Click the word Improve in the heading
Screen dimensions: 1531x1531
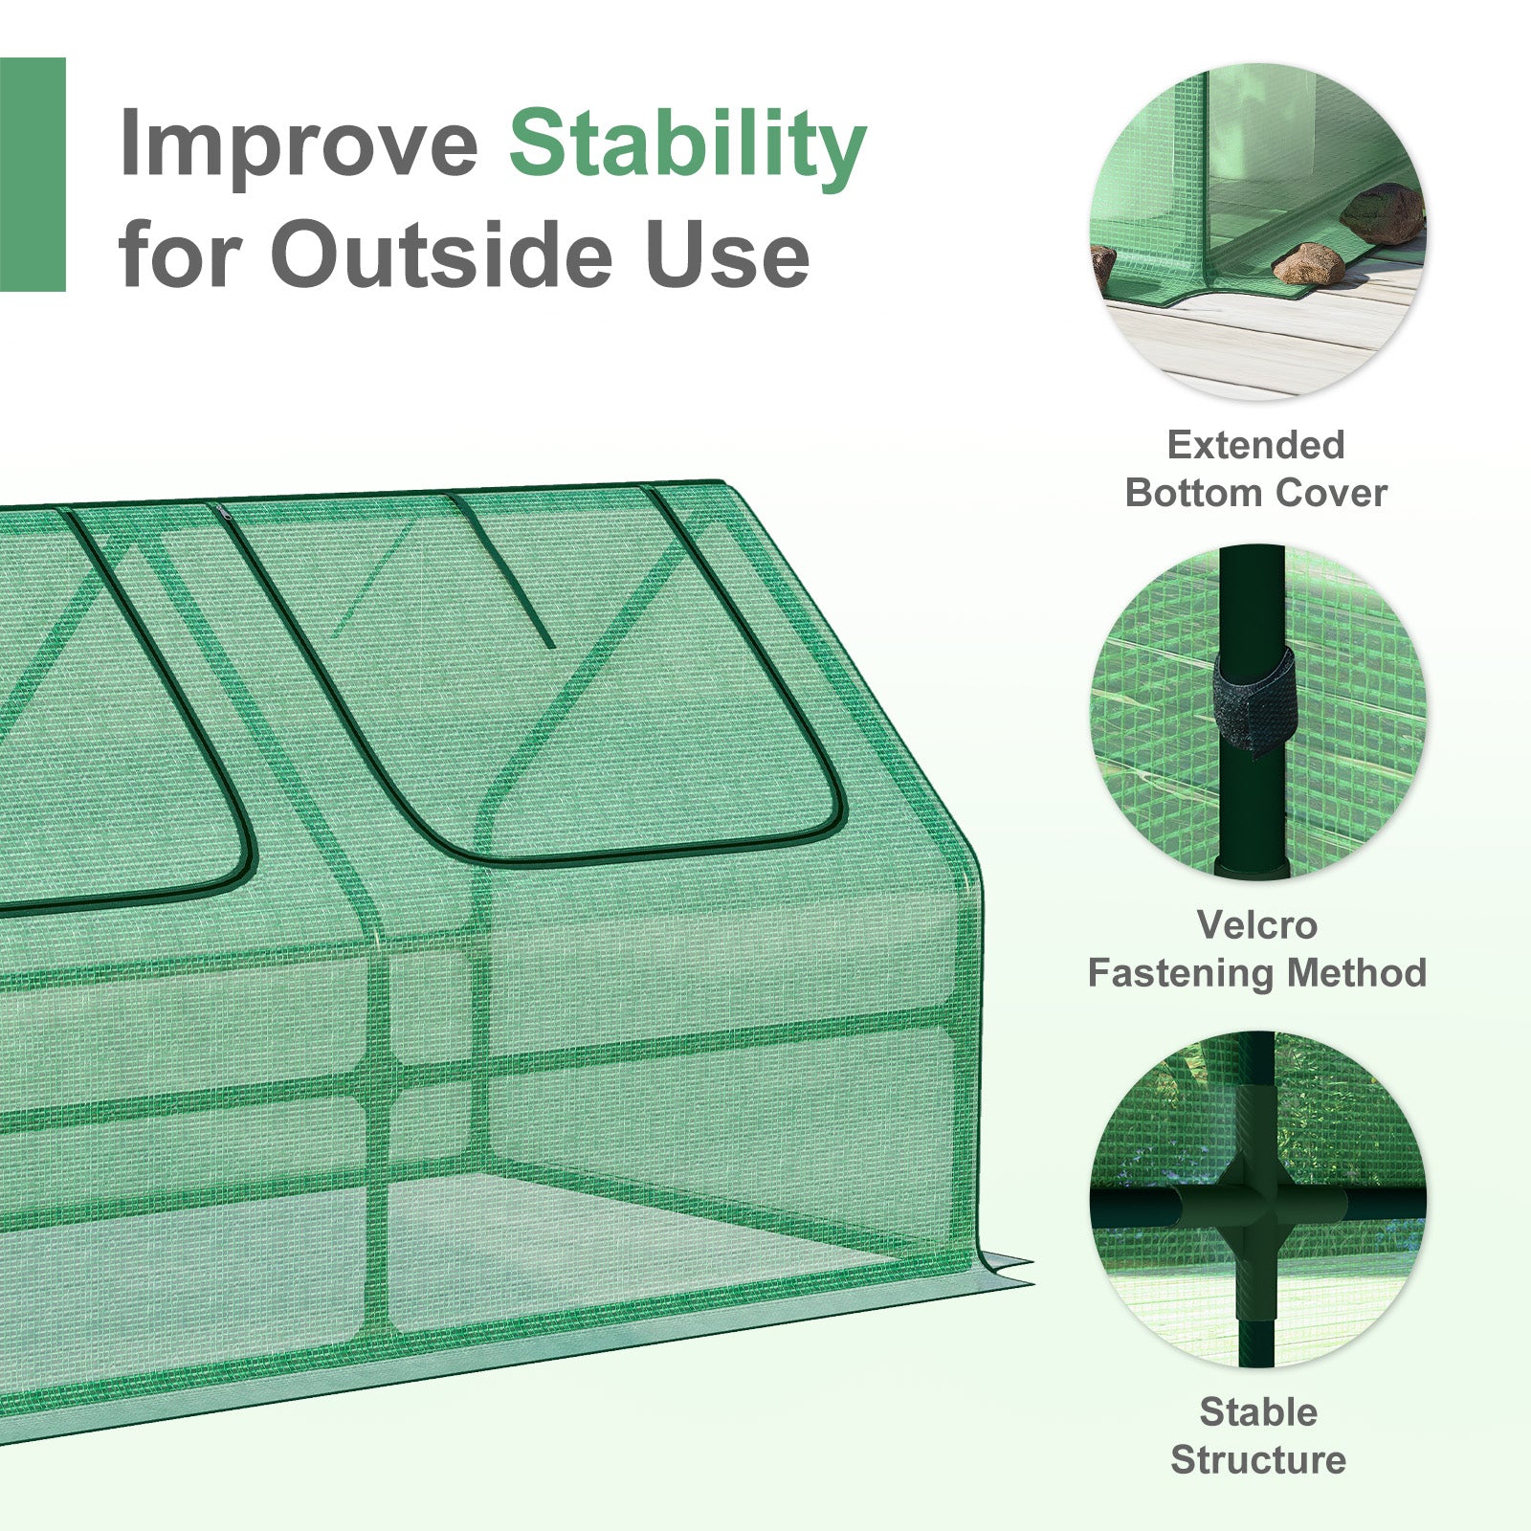pos(299,144)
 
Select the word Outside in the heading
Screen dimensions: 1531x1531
pos(441,254)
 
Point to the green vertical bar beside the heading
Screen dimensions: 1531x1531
pos(33,174)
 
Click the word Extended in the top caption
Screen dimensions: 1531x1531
pos(1255,445)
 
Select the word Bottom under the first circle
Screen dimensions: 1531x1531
pos(1190,493)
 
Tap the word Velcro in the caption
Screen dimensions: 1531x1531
pos(1256,925)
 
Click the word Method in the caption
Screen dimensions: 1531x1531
pos(1357,973)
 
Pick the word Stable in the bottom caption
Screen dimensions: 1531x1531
pos(1258,1412)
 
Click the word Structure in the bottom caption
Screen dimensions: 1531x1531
pos(1258,1460)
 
